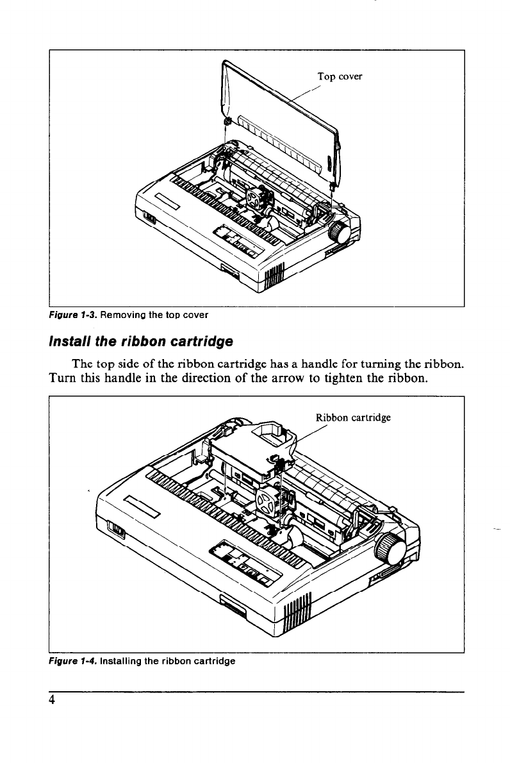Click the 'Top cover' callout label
point(340,77)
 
